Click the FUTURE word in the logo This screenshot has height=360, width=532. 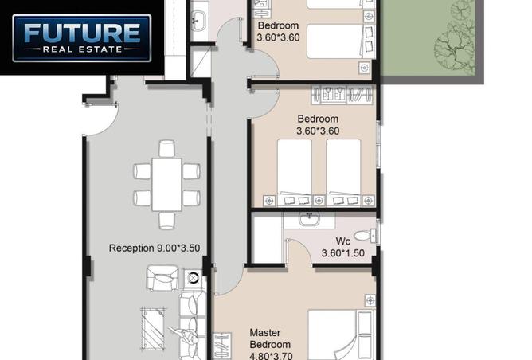click(82, 33)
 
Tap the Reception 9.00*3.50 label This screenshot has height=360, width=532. click(155, 248)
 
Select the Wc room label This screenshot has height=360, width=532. click(343, 241)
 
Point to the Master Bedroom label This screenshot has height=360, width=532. click(270, 338)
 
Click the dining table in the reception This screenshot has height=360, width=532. click(167, 185)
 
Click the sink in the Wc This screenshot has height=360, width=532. click(309, 219)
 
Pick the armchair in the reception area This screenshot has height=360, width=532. click(162, 278)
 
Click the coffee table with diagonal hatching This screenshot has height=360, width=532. click(153, 328)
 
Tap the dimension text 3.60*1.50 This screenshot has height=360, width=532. click(343, 253)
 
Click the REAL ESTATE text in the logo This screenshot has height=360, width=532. click(82, 49)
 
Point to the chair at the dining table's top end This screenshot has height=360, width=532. click(167, 149)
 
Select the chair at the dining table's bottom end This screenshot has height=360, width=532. click(167, 221)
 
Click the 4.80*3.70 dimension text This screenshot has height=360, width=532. click(271, 356)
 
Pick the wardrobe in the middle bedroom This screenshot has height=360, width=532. click(342, 94)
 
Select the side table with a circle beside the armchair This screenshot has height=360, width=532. click(192, 278)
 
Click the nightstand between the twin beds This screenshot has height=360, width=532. click(319, 201)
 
